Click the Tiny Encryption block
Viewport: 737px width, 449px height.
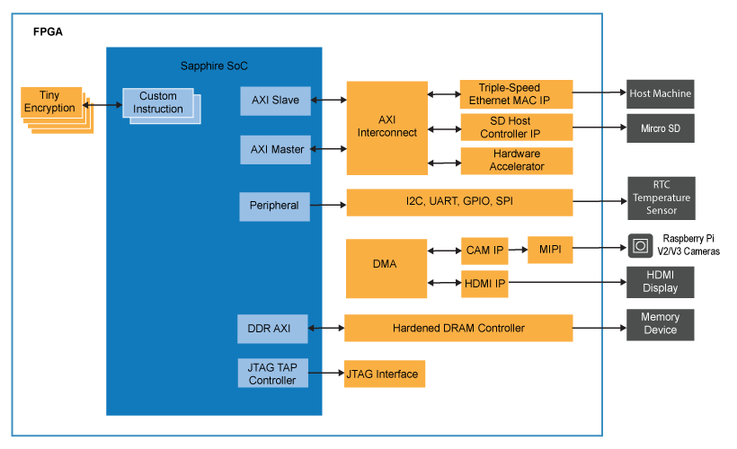[50, 102]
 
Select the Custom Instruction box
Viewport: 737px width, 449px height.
[158, 103]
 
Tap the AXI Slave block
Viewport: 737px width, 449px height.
[275, 101]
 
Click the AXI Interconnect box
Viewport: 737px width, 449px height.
[386, 128]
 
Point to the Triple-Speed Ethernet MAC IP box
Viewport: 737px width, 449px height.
[516, 94]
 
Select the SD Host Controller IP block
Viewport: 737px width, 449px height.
[516, 128]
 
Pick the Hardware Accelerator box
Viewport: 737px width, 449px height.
[516, 161]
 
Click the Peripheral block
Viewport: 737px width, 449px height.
[274, 206]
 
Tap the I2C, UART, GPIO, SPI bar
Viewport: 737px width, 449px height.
[459, 203]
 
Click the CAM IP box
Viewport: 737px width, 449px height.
[484, 251]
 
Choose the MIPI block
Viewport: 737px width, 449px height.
[549, 250]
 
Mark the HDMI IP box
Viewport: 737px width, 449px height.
[484, 284]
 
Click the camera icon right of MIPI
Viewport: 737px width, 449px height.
[640, 246]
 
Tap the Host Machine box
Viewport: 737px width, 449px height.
[660, 93]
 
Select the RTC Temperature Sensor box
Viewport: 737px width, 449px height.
[660, 198]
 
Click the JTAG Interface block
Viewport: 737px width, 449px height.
[384, 374]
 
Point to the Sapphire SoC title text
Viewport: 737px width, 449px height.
[214, 66]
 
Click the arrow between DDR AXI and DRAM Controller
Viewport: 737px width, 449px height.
[326, 329]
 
